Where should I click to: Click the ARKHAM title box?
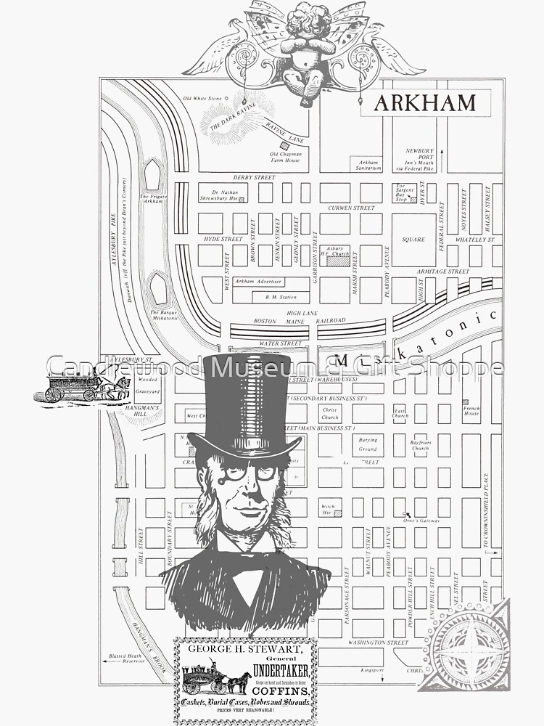click(x=425, y=102)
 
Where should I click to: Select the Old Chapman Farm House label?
click(x=284, y=157)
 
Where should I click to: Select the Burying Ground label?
click(x=368, y=443)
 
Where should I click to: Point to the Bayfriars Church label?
click(x=420, y=445)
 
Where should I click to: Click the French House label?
click(x=471, y=411)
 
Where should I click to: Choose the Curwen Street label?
click(x=351, y=208)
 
